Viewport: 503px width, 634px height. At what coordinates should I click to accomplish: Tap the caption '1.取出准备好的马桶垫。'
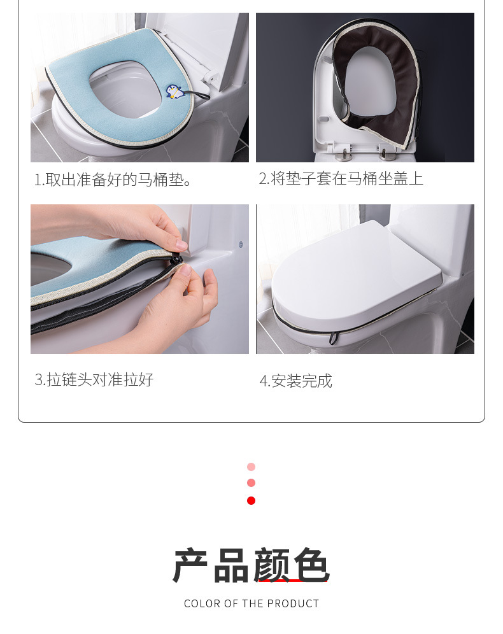114,180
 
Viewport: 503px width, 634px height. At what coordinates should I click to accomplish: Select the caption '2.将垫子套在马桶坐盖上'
341,179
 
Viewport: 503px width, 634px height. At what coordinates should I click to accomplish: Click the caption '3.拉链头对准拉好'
94,380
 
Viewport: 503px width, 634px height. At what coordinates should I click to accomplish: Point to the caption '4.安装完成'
295,381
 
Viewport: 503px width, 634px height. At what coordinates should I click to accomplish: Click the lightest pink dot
251,467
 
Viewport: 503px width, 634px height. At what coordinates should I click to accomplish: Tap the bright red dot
251,500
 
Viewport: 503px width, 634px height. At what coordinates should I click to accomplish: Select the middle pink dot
251,483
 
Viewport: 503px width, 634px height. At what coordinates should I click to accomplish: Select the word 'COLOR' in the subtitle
202,603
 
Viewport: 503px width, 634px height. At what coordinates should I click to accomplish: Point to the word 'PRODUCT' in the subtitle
293,603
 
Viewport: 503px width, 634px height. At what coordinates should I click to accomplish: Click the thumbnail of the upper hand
181,244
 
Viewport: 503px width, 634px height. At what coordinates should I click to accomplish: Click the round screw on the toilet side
240,244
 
